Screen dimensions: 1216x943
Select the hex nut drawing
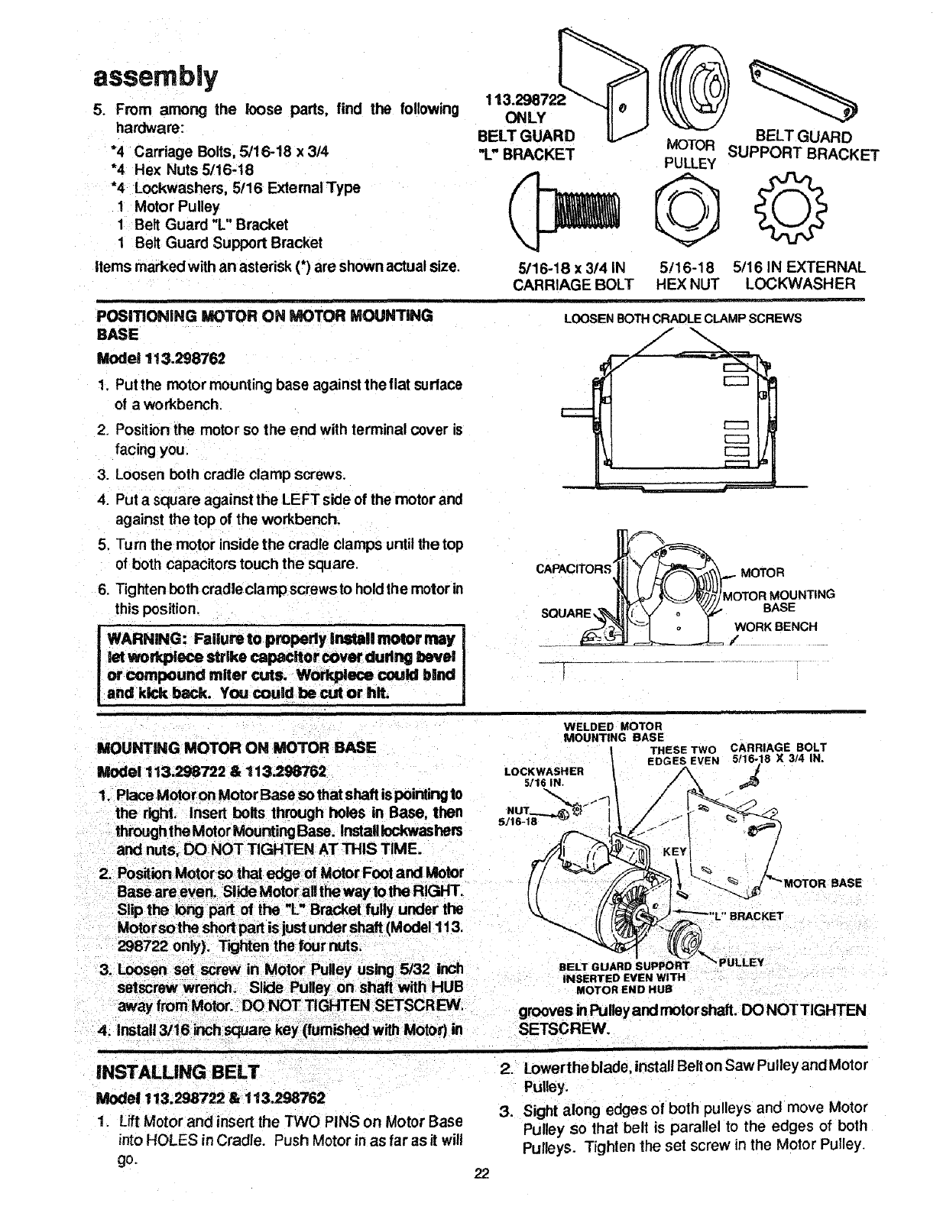689,208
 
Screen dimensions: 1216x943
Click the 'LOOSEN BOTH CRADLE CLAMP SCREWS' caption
682,319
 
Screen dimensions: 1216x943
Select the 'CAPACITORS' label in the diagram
574,568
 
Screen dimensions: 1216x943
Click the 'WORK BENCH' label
776,627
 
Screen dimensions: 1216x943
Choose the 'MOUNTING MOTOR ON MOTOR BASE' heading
236,746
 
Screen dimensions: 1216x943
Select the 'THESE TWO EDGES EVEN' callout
683,755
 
